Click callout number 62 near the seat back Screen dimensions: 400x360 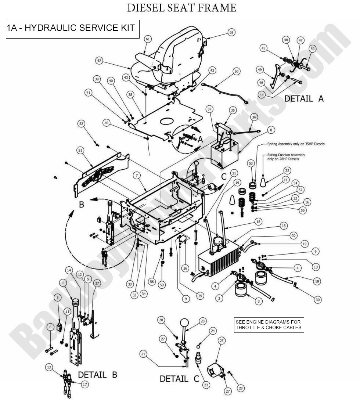coord(231,33)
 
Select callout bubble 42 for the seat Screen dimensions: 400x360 coord(99,60)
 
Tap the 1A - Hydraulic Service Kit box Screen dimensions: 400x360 coord(73,28)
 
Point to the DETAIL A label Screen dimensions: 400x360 coord(304,98)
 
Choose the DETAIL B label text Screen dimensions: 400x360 coord(97,375)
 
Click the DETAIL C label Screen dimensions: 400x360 coord(179,378)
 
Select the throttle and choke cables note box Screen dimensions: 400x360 coord(269,325)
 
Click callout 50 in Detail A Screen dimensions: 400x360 coord(313,49)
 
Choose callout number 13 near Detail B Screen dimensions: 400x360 coord(49,367)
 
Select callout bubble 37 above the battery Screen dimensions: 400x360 coord(209,109)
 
